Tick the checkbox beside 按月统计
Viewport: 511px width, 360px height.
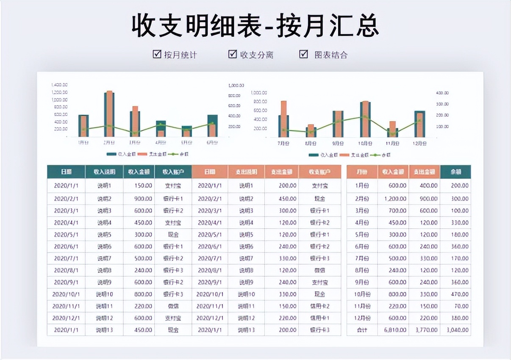(x=157, y=54)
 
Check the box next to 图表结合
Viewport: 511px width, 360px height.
(x=303, y=54)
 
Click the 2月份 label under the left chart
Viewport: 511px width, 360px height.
(x=109, y=143)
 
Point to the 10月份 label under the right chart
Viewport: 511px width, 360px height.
(x=365, y=144)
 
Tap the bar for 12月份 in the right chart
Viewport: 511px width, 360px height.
(x=419, y=124)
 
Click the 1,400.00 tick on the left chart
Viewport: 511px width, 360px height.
(x=60, y=85)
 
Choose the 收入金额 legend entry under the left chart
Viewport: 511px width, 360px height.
(x=120, y=154)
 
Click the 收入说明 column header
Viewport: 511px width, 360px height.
(x=104, y=172)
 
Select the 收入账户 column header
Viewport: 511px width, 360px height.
(x=173, y=172)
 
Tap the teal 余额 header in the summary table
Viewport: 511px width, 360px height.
(x=455, y=172)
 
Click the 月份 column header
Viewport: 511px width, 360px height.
(x=362, y=172)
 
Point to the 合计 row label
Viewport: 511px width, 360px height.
(x=362, y=330)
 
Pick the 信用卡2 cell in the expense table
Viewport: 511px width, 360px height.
(x=319, y=306)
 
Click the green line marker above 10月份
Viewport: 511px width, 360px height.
(x=365, y=117)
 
